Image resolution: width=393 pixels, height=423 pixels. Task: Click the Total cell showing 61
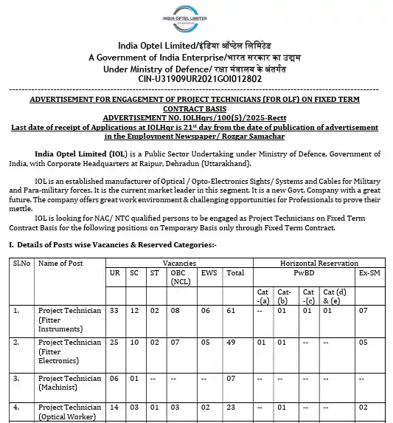coord(234,311)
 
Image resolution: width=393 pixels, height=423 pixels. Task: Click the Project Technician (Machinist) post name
coord(69,382)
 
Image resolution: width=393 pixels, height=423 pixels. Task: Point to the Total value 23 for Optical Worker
coord(234,407)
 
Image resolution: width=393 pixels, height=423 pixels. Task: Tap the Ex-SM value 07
coord(363,311)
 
